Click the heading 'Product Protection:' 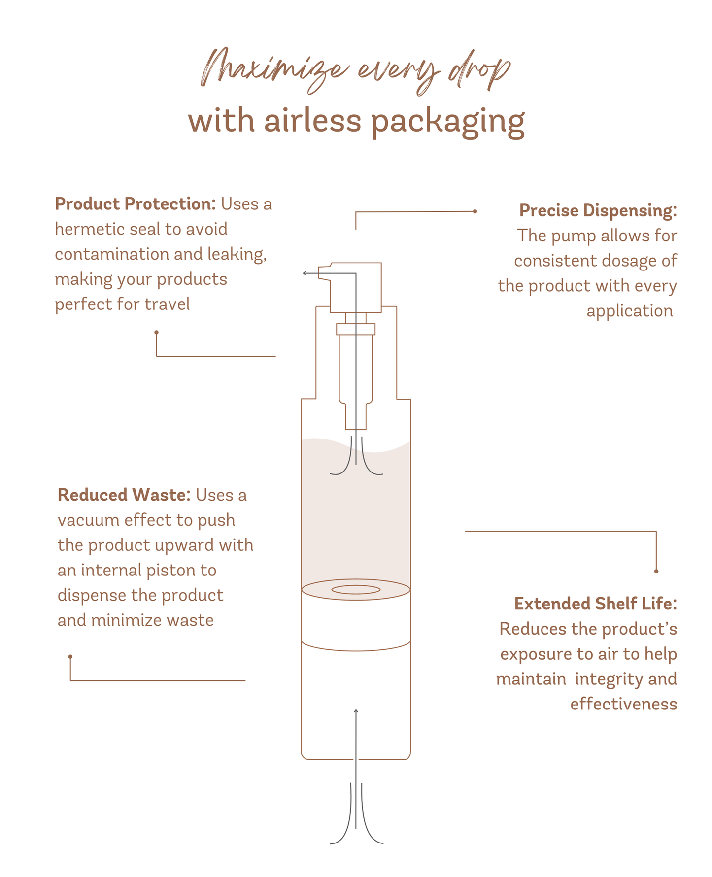click(x=135, y=204)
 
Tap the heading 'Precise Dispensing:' click(x=598, y=210)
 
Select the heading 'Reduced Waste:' click(x=124, y=495)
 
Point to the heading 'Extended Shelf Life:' click(x=595, y=604)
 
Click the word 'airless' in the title click(x=312, y=121)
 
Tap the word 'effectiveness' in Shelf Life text click(x=623, y=704)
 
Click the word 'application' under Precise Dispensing click(x=629, y=311)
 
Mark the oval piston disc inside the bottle click(x=356, y=589)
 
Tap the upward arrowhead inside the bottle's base click(x=356, y=711)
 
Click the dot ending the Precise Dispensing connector click(x=475, y=211)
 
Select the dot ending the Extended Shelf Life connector click(x=656, y=571)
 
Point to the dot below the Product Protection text click(x=156, y=333)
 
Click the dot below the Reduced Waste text click(x=70, y=656)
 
